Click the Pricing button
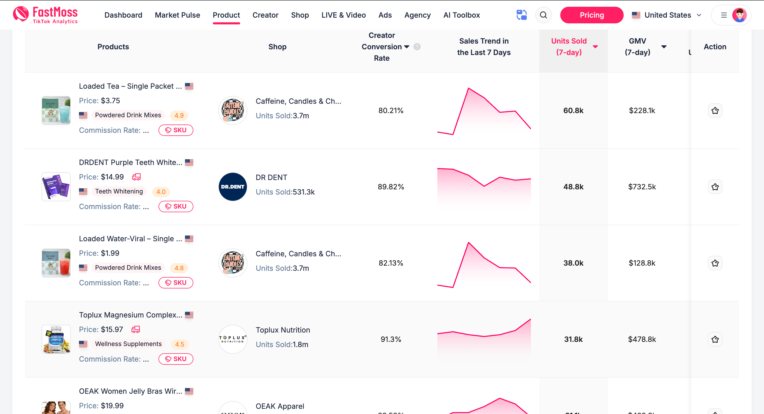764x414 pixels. pyautogui.click(x=591, y=15)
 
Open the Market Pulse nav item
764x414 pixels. pyautogui.click(x=177, y=15)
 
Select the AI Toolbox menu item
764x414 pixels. pyautogui.click(x=461, y=15)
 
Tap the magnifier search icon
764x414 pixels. pyautogui.click(x=543, y=15)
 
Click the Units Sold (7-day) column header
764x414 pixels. pyautogui.click(x=569, y=47)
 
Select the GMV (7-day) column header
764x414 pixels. pyautogui.click(x=637, y=47)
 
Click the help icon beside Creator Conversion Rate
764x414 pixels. pyautogui.click(x=417, y=47)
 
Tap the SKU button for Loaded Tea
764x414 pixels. pyautogui.click(x=176, y=130)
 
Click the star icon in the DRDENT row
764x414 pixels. pyautogui.click(x=715, y=187)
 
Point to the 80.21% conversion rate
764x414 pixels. pyautogui.click(x=391, y=111)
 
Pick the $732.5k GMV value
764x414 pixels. pyautogui.click(x=642, y=187)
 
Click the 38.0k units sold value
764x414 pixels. pyautogui.click(x=573, y=263)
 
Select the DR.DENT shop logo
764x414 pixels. pyautogui.click(x=233, y=187)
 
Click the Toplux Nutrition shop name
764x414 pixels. pyautogui.click(x=283, y=330)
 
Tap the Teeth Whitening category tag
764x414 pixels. pyautogui.click(x=119, y=192)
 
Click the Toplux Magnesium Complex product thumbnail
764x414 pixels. pyautogui.click(x=56, y=339)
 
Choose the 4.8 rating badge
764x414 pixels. pyautogui.click(x=179, y=268)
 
